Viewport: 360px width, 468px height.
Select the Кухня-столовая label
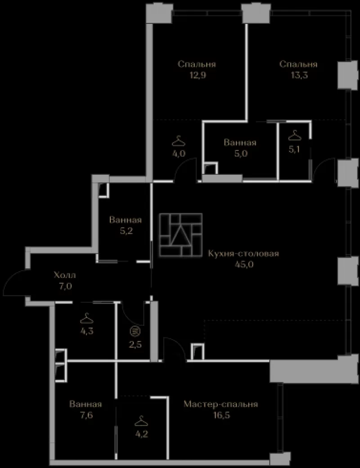[243, 254]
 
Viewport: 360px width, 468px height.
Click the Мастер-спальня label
[220, 404]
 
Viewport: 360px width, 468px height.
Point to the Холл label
[65, 275]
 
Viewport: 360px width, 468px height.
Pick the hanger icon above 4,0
[179, 141]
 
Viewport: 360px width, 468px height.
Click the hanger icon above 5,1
[295, 135]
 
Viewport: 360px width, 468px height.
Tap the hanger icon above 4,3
[86, 318]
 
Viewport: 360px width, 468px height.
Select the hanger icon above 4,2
[141, 421]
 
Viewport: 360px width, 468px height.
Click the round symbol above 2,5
[135, 331]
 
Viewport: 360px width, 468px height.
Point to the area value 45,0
[244, 264]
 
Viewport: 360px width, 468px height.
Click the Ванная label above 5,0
[240, 142]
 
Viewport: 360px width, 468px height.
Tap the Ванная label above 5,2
[125, 220]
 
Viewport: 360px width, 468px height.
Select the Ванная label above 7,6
[85, 404]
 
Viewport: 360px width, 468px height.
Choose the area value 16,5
[221, 415]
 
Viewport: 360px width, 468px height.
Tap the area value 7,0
[65, 286]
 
